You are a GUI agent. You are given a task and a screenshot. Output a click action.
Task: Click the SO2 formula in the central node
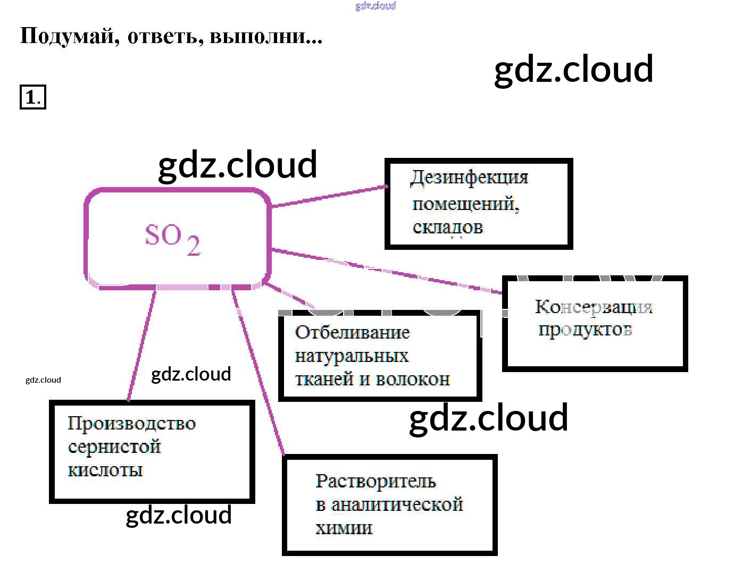click(172, 239)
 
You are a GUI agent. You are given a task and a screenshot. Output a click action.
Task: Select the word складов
click(447, 228)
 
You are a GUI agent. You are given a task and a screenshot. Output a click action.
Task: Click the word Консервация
click(593, 307)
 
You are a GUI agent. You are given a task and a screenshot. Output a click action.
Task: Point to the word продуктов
click(585, 330)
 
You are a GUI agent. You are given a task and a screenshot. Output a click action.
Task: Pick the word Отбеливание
click(352, 333)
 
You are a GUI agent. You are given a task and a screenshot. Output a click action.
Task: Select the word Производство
click(131, 424)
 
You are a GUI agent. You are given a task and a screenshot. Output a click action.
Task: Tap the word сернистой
click(114, 447)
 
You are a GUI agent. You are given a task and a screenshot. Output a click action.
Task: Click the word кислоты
click(105, 470)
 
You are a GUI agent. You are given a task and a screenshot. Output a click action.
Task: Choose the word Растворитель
click(375, 481)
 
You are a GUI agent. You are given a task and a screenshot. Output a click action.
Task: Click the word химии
click(344, 528)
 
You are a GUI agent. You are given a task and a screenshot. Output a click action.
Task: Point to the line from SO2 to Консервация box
click(388, 271)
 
